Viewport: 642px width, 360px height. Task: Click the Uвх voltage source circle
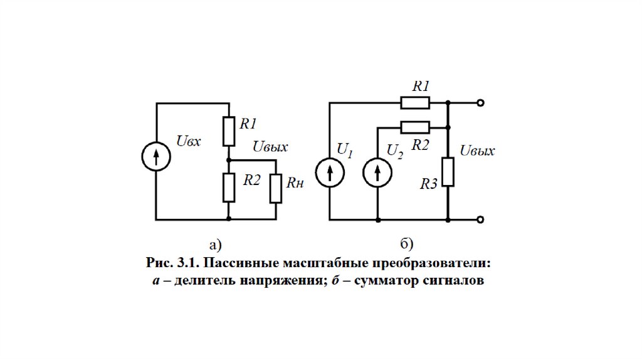(155, 159)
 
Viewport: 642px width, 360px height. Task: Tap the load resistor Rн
(276, 189)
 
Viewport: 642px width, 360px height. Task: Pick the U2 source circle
(377, 173)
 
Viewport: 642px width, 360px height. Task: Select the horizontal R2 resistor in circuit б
(415, 127)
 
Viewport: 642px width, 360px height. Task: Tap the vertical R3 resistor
(448, 172)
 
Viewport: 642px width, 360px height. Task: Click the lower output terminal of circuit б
(480, 220)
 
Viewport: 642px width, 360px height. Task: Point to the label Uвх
(189, 142)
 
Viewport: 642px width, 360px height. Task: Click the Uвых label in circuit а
(270, 147)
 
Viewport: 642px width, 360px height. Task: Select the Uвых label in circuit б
(478, 151)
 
